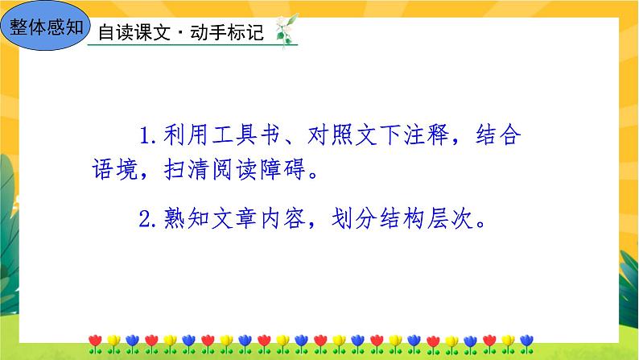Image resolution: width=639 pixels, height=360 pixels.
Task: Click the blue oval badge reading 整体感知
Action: (47, 27)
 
